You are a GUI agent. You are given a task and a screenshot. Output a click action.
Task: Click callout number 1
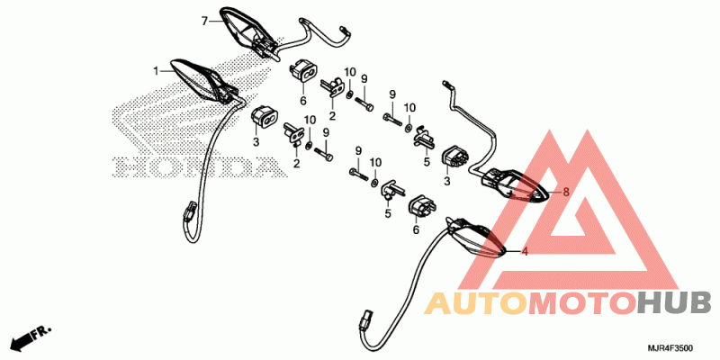pos(156,71)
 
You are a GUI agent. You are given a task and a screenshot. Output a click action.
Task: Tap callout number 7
pos(205,21)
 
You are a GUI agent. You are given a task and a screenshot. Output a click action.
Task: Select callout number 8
pos(566,192)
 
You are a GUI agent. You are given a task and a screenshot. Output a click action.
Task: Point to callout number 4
pos(525,252)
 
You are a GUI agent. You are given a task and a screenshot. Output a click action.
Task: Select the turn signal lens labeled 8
pos(515,186)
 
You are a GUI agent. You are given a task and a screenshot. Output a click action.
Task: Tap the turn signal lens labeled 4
pos(475,237)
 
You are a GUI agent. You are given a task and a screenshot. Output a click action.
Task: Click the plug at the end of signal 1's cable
pos(189,214)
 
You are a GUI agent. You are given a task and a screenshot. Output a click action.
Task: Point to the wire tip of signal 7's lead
pos(346,31)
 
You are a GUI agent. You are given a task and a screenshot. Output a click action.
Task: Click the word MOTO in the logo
pos(583,303)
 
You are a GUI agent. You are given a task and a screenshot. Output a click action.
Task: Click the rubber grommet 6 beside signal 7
pos(303,71)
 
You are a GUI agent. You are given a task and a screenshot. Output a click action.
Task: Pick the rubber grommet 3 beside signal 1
pos(264,120)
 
